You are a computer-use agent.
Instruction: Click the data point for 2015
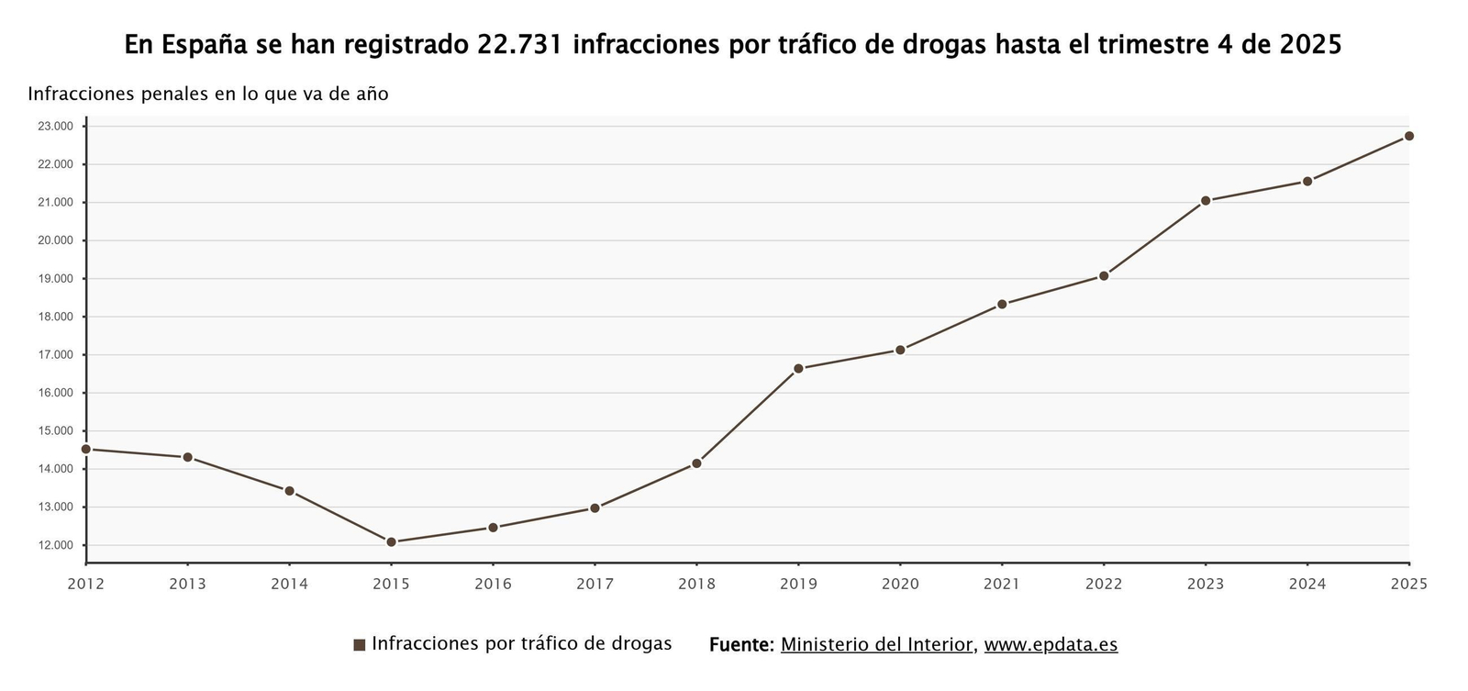(x=391, y=542)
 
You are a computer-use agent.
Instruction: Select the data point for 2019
(x=798, y=369)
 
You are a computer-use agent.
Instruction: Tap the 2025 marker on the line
(x=1409, y=136)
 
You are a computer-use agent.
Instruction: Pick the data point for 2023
(x=1206, y=201)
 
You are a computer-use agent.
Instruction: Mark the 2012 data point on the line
(x=86, y=450)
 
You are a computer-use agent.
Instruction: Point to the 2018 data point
(x=696, y=463)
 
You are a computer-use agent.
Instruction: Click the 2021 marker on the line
(x=1002, y=305)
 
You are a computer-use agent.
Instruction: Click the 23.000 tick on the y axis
(x=55, y=127)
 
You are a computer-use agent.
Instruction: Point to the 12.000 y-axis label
(x=55, y=546)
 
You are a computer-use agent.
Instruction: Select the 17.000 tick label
(x=55, y=355)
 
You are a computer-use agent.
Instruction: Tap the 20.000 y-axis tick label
(x=55, y=240)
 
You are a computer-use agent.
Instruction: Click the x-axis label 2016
(x=493, y=584)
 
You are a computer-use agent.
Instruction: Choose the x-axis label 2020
(x=900, y=584)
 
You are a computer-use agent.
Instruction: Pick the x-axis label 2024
(x=1307, y=584)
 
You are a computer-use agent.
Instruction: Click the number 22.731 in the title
(x=519, y=44)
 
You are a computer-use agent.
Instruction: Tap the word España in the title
(x=207, y=44)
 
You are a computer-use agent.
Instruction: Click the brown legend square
(x=360, y=645)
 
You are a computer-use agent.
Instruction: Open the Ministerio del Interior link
(x=876, y=644)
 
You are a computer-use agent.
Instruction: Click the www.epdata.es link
(x=1051, y=644)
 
